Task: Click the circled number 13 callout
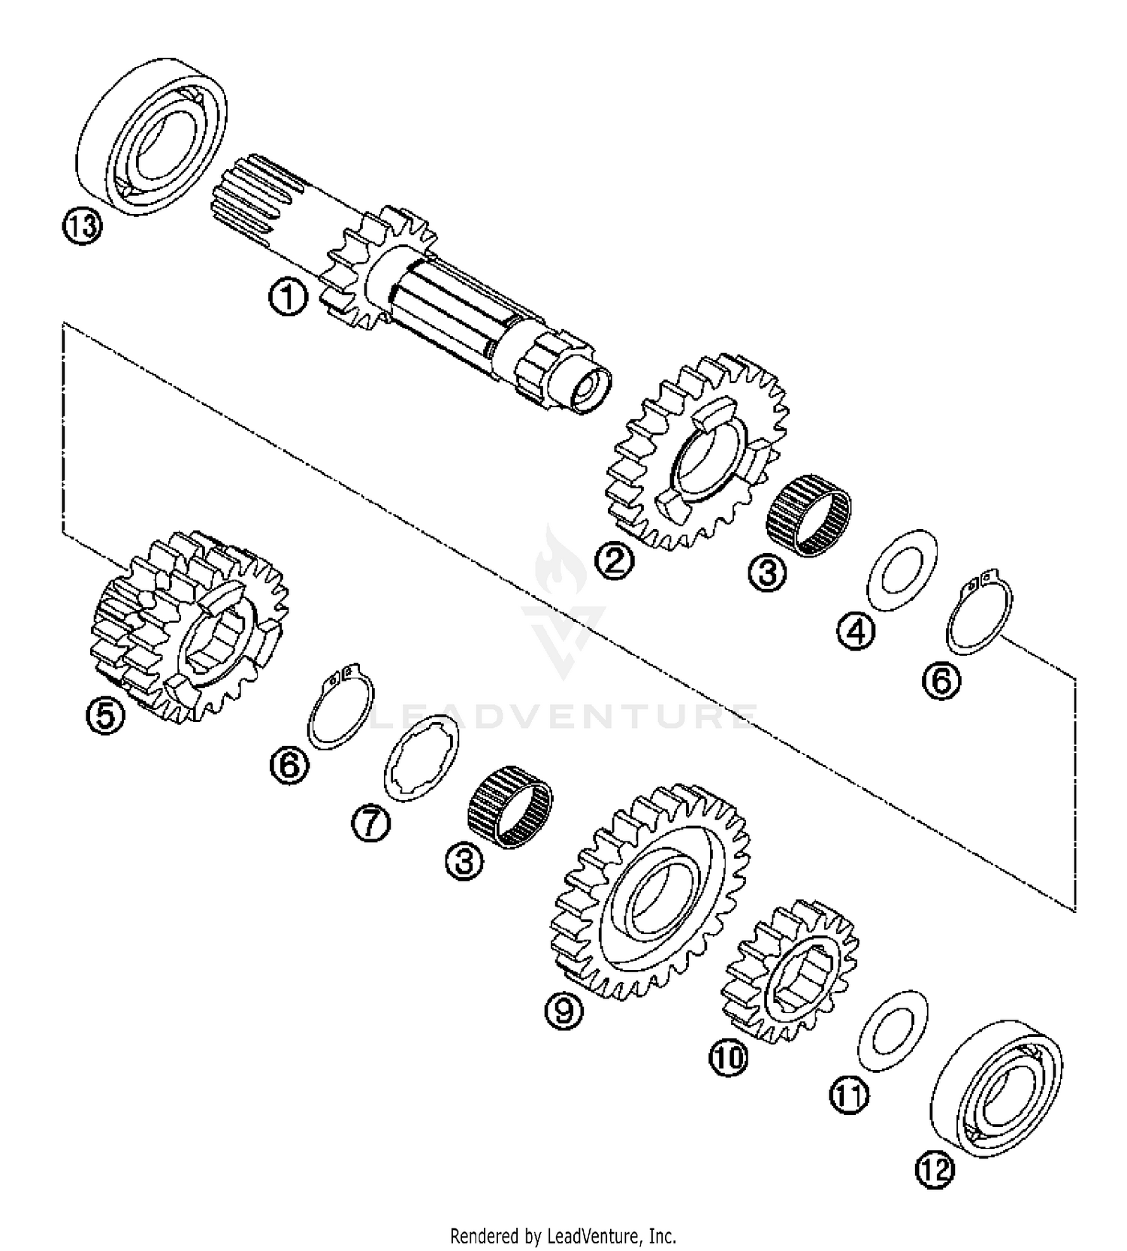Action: (81, 225)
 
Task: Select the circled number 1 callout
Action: (288, 297)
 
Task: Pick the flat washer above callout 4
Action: (902, 570)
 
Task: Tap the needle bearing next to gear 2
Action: (808, 515)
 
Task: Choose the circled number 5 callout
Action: (105, 715)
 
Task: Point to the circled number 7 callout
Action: (371, 823)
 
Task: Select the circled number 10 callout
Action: (728, 1057)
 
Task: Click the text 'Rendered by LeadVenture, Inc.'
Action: (563, 1235)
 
